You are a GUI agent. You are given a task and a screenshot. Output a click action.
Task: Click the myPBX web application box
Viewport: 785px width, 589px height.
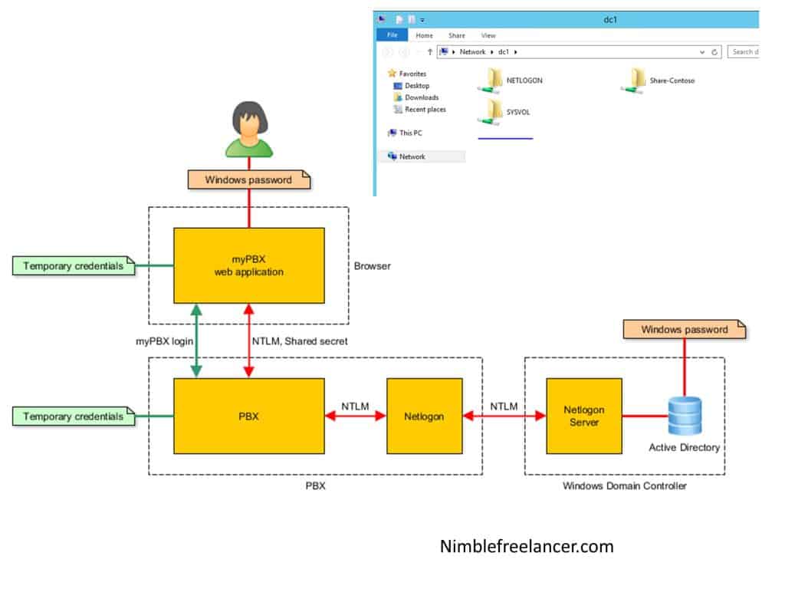(x=249, y=265)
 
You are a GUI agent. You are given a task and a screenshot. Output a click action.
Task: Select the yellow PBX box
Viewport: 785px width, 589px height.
(x=249, y=416)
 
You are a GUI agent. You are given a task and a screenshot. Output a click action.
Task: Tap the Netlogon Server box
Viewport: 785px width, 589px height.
(x=583, y=416)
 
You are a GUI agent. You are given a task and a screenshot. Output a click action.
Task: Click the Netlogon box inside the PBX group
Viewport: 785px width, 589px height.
(x=425, y=416)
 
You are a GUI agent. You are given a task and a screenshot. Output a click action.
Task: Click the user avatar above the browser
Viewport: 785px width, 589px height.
(x=248, y=130)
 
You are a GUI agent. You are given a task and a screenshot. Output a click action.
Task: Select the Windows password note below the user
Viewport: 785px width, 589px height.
(x=248, y=179)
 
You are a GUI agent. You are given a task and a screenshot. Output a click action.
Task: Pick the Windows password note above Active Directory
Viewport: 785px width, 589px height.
(x=685, y=330)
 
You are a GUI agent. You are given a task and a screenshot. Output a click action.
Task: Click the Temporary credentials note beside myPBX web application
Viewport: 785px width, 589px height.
(x=74, y=266)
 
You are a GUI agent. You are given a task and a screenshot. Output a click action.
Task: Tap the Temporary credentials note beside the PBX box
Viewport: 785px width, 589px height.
(x=74, y=416)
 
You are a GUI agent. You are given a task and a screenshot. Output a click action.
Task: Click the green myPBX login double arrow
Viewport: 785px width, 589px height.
(x=197, y=340)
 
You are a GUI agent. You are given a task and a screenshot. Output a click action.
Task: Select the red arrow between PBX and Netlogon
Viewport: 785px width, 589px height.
(x=356, y=416)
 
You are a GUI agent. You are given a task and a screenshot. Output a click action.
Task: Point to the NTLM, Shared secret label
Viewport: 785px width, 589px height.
(x=299, y=341)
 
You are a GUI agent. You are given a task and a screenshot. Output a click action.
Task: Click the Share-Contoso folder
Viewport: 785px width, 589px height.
(x=638, y=80)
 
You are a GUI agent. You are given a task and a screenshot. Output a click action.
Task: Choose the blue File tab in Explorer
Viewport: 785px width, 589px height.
(x=391, y=35)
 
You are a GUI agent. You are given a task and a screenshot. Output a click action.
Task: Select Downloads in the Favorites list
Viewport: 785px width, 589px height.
(x=421, y=97)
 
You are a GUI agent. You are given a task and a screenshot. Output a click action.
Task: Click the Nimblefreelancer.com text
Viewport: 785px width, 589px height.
(x=527, y=546)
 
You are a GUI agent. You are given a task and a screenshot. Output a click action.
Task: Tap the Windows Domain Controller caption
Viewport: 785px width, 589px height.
(x=625, y=485)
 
